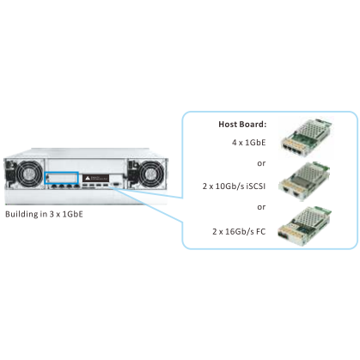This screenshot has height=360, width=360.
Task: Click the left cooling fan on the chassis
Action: [x=29, y=174]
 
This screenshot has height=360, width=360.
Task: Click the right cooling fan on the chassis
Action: [x=150, y=173]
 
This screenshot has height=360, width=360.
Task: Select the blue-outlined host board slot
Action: [x=62, y=178]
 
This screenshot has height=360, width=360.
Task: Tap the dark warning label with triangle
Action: [x=95, y=178]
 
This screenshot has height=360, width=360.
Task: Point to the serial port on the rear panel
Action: [x=116, y=185]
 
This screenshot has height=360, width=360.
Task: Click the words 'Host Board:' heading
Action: [x=242, y=125]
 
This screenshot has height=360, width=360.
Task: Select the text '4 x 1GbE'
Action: [x=248, y=143]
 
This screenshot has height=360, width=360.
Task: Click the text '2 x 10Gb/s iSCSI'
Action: [x=234, y=186]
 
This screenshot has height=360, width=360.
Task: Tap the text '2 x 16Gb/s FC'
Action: [x=239, y=231]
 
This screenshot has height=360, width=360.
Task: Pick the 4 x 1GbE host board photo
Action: [x=306, y=137]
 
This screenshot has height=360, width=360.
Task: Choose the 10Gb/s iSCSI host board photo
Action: [x=305, y=181]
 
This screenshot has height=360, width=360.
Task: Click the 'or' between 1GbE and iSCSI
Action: [x=261, y=164]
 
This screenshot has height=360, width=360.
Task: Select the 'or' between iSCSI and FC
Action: [x=261, y=207]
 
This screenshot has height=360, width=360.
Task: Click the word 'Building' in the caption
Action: [x=22, y=215]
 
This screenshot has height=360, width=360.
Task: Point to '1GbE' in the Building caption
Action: [x=72, y=214]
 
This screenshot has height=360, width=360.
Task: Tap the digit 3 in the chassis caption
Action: [x=52, y=214]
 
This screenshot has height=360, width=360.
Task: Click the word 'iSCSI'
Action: [x=256, y=186]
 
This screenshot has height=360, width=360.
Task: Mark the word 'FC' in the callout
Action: [x=261, y=231]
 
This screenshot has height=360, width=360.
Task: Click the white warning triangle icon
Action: [x=88, y=178]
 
